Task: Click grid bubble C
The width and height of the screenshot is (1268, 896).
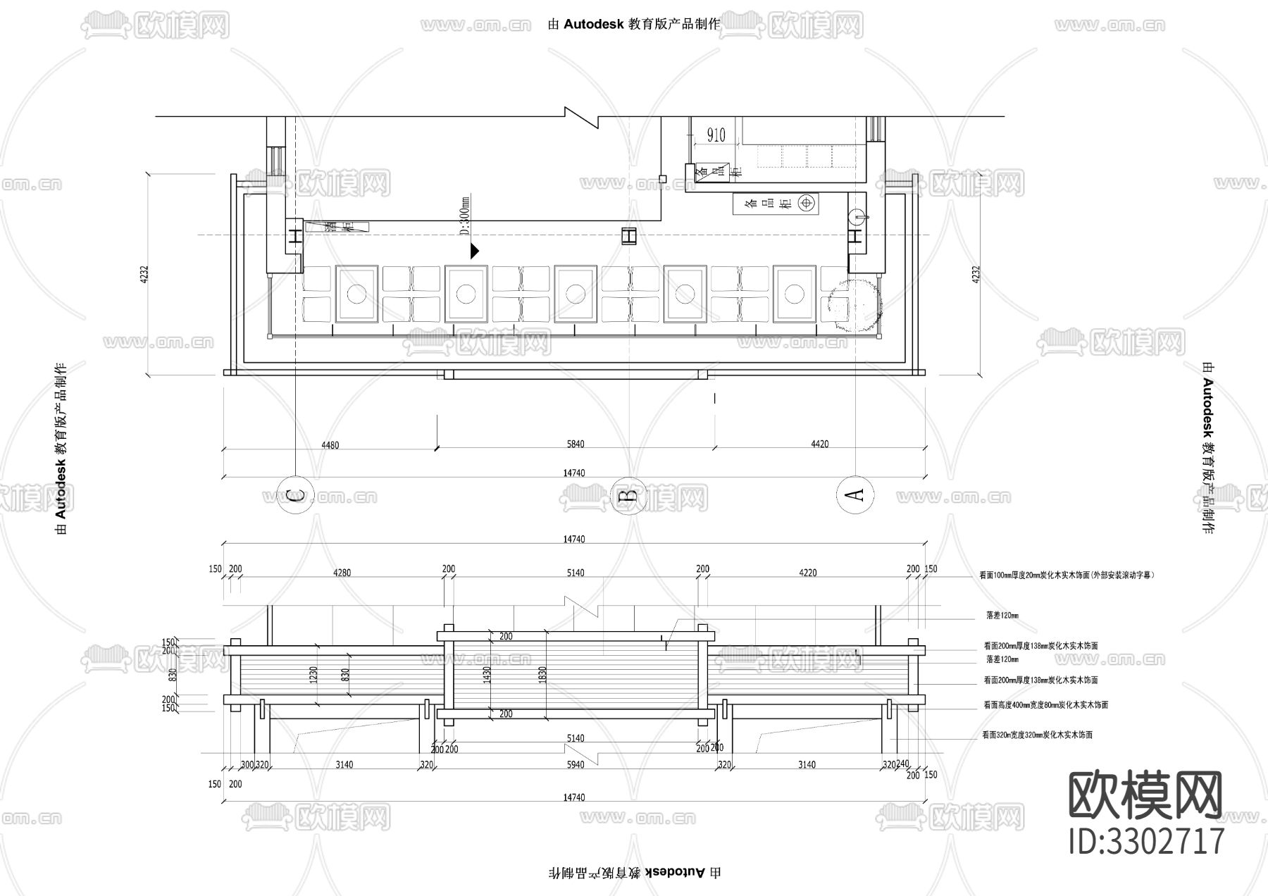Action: click(296, 496)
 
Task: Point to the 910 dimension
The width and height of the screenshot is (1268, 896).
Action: click(716, 135)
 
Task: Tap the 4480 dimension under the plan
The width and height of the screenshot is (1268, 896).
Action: click(330, 444)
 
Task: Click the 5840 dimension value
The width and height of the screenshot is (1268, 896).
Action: click(576, 444)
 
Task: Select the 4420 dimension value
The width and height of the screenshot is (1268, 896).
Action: click(819, 444)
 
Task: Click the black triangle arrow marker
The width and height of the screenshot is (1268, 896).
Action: click(475, 250)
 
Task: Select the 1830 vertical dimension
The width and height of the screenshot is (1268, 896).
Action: click(542, 675)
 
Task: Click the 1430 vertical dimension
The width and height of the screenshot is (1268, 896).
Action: click(487, 675)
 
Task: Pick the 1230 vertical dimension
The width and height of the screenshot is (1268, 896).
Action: click(314, 675)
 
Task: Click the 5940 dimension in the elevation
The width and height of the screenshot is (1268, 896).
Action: click(576, 765)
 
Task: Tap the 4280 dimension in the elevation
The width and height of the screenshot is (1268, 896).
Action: click(342, 573)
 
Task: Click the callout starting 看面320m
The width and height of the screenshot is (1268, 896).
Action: click(1037, 735)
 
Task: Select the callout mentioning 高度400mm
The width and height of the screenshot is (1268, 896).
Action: click(1045, 704)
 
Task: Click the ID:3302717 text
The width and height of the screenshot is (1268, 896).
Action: click(1146, 841)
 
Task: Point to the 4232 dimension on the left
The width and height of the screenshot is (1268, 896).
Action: click(144, 274)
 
